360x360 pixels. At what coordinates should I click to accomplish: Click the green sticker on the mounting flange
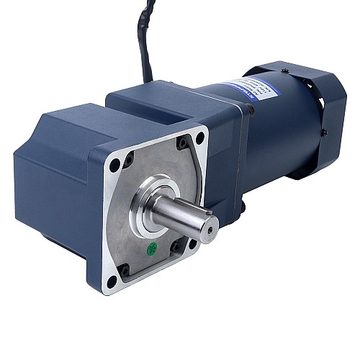152,251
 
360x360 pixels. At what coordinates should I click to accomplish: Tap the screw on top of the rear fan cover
285,70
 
